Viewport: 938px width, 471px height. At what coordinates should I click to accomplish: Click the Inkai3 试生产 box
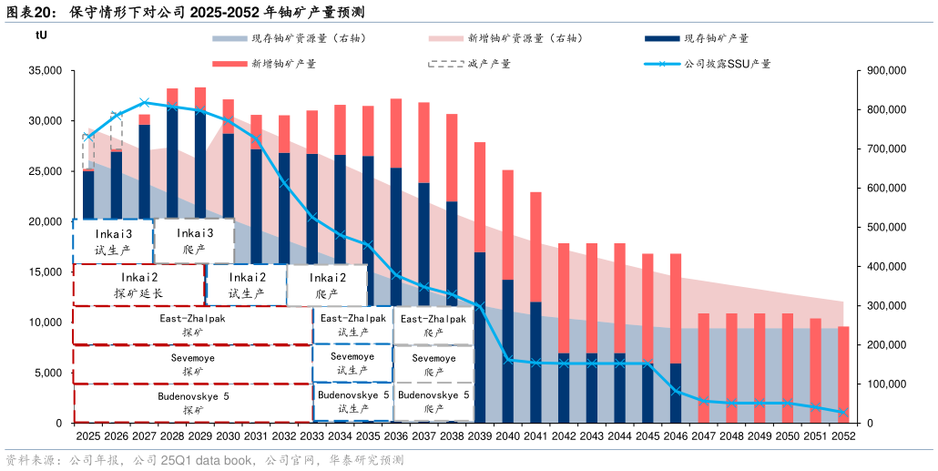point(114,241)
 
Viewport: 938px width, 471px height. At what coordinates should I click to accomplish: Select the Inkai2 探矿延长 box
point(138,285)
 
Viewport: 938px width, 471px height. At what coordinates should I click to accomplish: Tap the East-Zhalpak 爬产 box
point(433,325)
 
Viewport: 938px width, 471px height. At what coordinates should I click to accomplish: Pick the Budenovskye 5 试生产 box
point(352,402)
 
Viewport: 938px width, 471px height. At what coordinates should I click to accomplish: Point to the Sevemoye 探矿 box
point(193,364)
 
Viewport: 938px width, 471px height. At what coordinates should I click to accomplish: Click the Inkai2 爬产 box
point(327,285)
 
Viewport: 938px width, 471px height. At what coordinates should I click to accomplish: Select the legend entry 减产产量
point(472,64)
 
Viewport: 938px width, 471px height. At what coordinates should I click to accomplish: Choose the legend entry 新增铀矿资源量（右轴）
point(510,38)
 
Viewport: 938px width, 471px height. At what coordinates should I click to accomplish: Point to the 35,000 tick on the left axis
point(45,70)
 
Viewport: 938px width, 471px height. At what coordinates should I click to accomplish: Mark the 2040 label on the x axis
point(507,437)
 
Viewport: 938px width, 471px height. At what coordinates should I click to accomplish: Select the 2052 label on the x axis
point(843,437)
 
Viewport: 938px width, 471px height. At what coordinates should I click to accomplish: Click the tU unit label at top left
point(41,35)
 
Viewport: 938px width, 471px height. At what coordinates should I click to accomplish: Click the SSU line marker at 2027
point(144,102)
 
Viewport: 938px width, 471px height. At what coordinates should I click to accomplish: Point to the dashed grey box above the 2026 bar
point(117,130)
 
